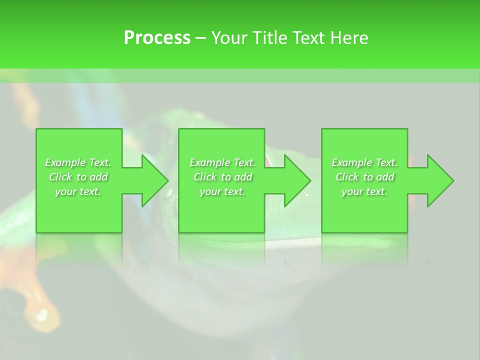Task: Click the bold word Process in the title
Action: click(157, 38)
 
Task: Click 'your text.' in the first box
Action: click(78, 191)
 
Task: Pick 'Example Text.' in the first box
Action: click(78, 162)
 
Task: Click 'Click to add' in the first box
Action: click(78, 177)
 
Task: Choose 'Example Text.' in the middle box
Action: click(222, 162)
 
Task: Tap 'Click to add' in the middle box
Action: click(222, 177)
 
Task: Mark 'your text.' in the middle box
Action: click(222, 191)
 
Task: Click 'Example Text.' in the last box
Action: click(364, 162)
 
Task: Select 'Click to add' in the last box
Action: click(364, 177)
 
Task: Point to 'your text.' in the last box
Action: click(364, 191)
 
